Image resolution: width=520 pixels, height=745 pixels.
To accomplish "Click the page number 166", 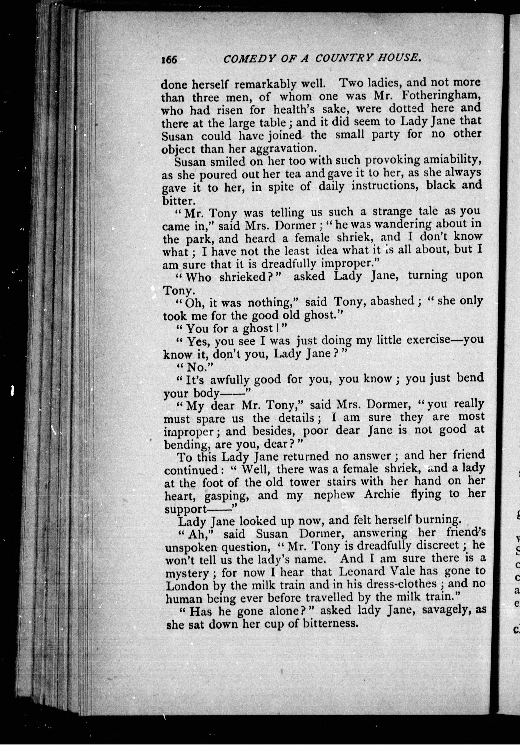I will point(169,60).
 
